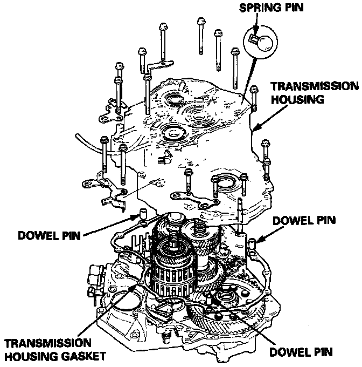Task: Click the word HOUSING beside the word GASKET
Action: tap(34, 357)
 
